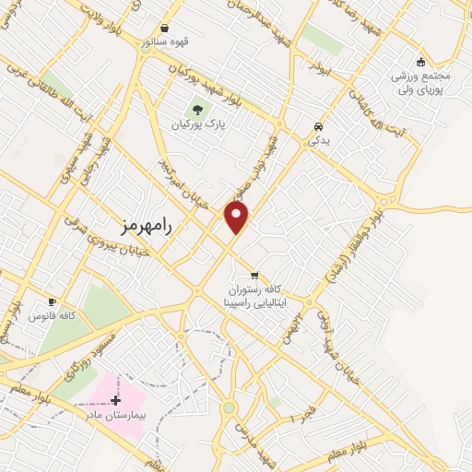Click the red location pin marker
tap(238, 218)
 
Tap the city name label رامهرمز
tap(147, 224)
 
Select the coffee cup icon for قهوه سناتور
tap(165, 29)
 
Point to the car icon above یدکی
tap(317, 126)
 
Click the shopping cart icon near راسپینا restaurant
tap(254, 275)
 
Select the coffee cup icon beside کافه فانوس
tap(52, 302)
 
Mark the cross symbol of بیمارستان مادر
tap(115, 400)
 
